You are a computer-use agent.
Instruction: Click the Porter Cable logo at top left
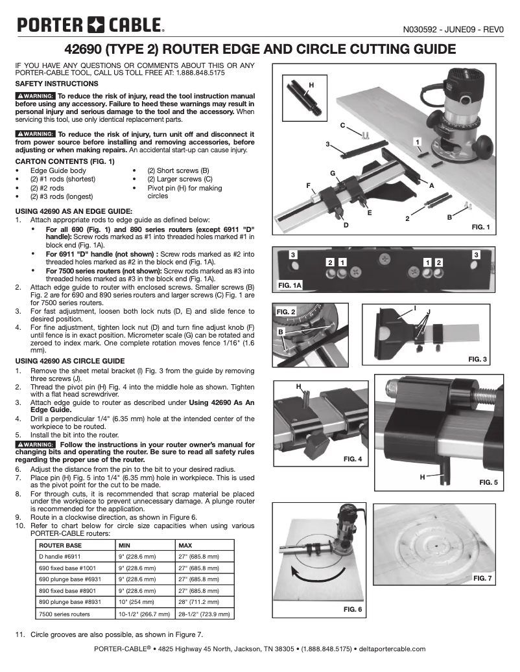click(x=90, y=26)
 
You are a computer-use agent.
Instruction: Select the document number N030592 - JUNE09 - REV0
click(x=453, y=29)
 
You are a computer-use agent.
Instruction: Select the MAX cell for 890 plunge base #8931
click(x=198, y=600)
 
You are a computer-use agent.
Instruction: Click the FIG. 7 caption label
click(x=483, y=577)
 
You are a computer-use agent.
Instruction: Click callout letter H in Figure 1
click(x=311, y=86)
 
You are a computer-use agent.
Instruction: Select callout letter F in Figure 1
click(x=308, y=185)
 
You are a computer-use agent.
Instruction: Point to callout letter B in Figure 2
click(x=280, y=332)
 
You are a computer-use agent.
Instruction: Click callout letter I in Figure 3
click(x=415, y=305)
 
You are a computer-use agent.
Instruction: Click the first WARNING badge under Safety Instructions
click(x=36, y=96)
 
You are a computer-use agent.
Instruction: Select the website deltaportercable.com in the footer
click(x=392, y=649)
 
